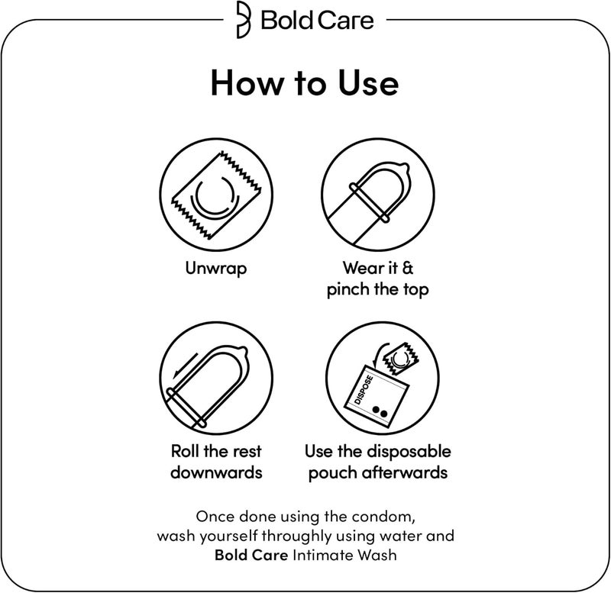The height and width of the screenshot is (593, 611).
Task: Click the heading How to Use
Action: pos(305,83)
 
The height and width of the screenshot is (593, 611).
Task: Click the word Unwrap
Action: pos(216,269)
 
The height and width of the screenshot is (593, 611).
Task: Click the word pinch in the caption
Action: pos(348,290)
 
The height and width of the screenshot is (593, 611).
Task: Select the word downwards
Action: pos(216,472)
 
